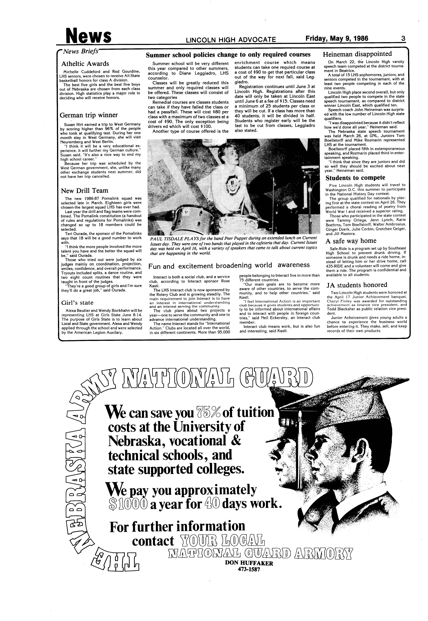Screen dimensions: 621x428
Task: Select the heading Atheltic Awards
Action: click(85, 64)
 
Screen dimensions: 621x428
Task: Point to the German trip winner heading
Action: click(89, 115)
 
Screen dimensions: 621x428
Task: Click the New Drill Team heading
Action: click(84, 191)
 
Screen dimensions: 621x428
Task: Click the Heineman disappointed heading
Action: click(357, 54)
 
